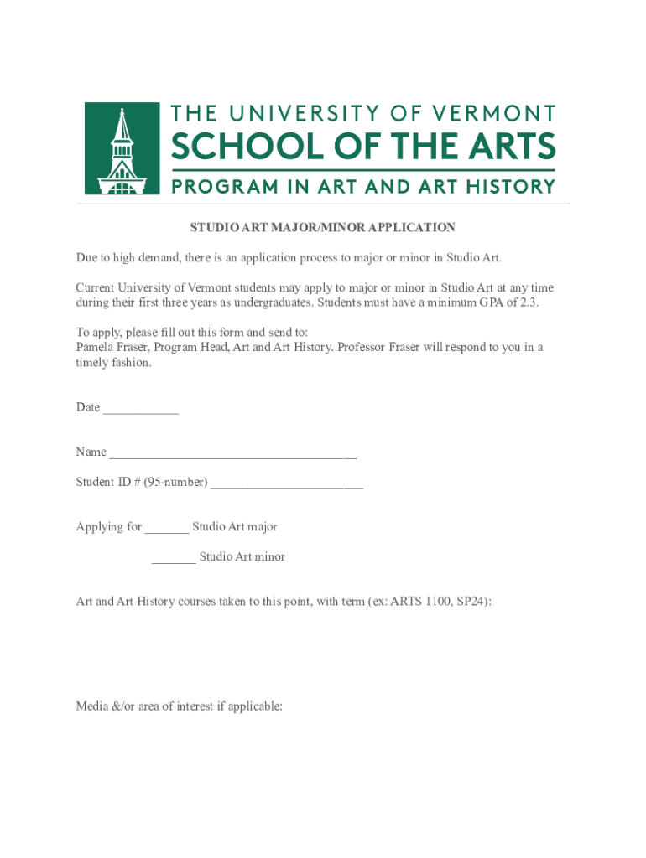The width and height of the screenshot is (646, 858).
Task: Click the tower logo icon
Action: click(x=122, y=148)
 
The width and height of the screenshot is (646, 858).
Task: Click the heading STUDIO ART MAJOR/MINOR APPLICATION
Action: click(x=322, y=227)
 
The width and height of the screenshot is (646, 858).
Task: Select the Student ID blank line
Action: click(x=287, y=483)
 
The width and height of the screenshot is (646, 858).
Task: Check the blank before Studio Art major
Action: click(x=167, y=529)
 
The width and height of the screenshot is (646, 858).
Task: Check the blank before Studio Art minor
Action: click(x=174, y=559)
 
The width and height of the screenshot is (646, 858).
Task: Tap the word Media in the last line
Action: click(x=91, y=706)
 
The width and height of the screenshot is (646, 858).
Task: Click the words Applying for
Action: click(x=109, y=527)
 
